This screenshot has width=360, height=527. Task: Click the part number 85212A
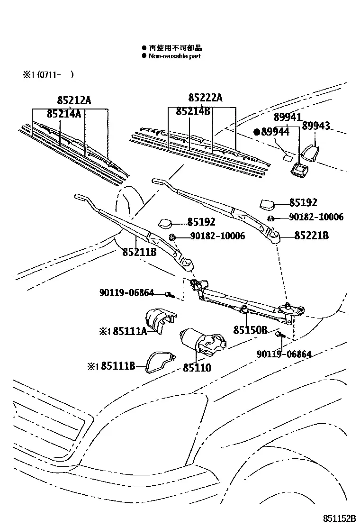click(x=74, y=100)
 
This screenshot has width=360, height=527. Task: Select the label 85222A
click(x=205, y=98)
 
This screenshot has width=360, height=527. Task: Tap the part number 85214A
click(x=64, y=114)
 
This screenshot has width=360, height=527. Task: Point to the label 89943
click(x=315, y=126)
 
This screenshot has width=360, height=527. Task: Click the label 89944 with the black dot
click(x=272, y=132)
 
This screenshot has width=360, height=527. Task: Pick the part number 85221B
click(x=311, y=235)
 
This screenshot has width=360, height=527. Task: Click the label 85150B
click(x=251, y=330)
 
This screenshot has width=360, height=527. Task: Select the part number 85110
click(x=197, y=367)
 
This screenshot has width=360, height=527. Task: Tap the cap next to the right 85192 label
click(x=267, y=203)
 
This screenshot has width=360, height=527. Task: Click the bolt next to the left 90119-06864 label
click(x=169, y=295)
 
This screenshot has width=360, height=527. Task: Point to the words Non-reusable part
click(x=175, y=56)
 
